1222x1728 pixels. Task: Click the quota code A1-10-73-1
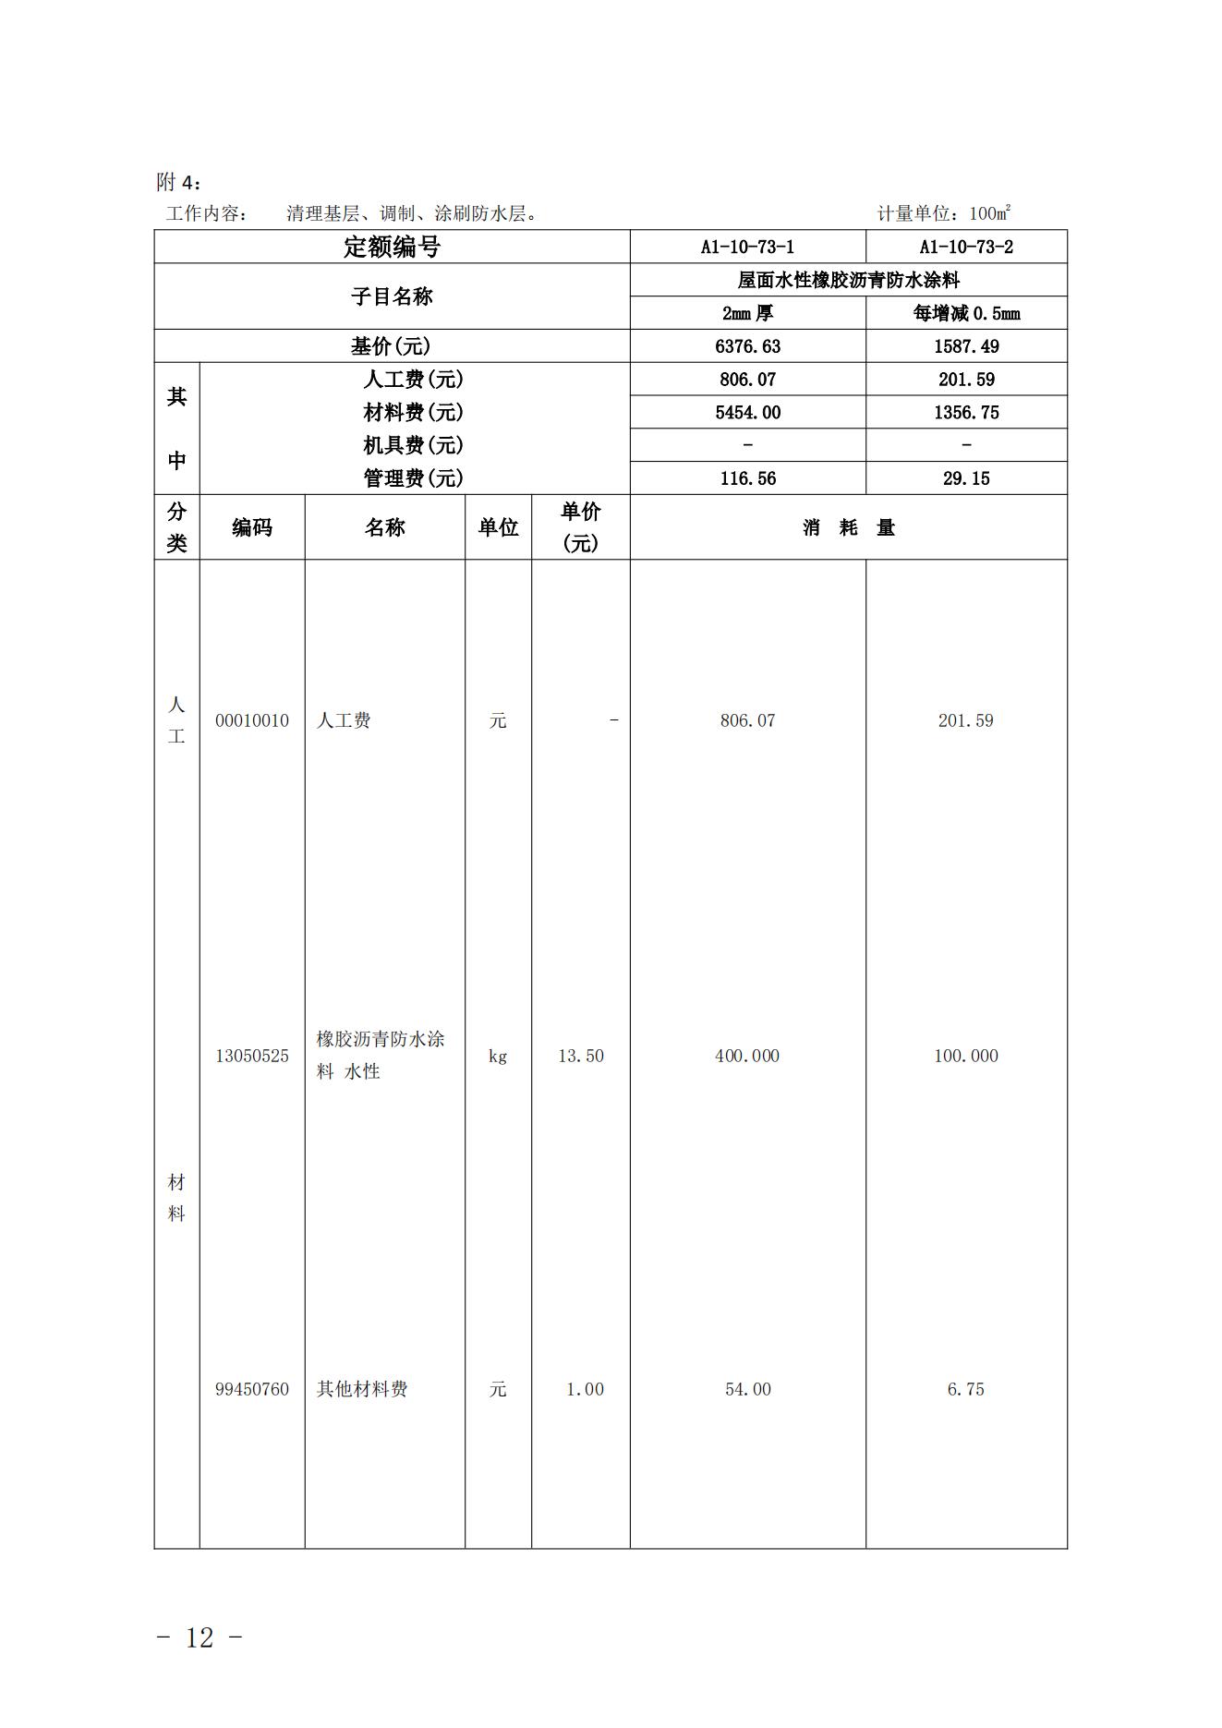click(x=747, y=247)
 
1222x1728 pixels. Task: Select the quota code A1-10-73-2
click(x=965, y=247)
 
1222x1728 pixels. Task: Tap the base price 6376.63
click(x=747, y=346)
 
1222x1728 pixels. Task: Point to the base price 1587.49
click(x=965, y=346)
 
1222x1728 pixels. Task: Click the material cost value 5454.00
click(x=747, y=413)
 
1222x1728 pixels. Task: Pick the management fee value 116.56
click(x=747, y=478)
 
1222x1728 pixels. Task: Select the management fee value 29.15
click(x=965, y=478)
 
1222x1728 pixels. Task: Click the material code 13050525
click(x=252, y=1056)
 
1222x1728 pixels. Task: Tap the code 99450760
click(x=252, y=1389)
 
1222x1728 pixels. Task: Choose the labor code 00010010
click(x=252, y=720)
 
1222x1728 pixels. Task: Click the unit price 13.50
click(x=581, y=1056)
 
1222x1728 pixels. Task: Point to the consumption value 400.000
click(x=747, y=1056)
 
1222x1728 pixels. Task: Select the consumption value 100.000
click(x=965, y=1056)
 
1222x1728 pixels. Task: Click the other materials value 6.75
click(x=965, y=1389)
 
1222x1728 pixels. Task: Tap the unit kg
click(x=498, y=1056)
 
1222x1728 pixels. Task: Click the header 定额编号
click(x=392, y=247)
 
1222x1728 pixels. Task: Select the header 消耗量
click(x=848, y=527)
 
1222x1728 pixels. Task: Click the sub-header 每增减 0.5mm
click(x=965, y=313)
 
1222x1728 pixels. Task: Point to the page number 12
click(x=200, y=1637)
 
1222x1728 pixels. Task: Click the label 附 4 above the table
click(x=178, y=182)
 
